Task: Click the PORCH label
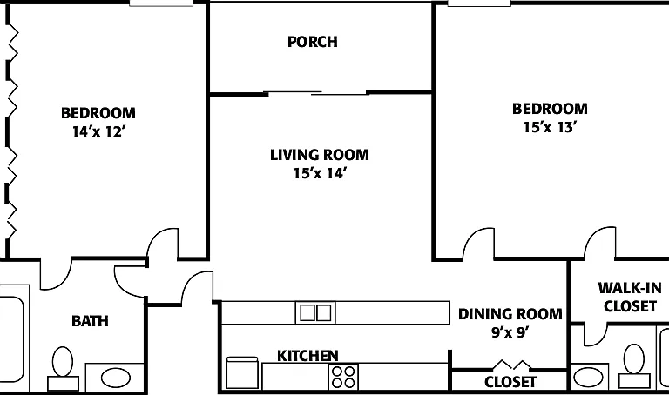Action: [313, 42]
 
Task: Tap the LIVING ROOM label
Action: [320, 155]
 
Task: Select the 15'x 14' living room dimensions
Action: [320, 173]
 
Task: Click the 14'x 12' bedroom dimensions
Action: [98, 131]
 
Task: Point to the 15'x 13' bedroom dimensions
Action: [550, 127]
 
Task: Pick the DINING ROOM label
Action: [510, 314]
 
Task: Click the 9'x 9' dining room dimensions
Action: [510, 332]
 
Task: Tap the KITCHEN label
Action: [307, 355]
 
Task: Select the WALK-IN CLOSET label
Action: [630, 297]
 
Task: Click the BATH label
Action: [90, 321]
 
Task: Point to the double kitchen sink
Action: [315, 312]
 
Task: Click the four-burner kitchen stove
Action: [343, 377]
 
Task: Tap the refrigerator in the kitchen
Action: [242, 373]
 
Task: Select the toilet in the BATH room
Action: [63, 369]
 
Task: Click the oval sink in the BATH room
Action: [115, 378]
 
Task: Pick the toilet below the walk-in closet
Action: [634, 366]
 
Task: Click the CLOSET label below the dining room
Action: [510, 382]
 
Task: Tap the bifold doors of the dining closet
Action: [512, 365]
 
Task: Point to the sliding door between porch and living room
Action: [316, 93]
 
